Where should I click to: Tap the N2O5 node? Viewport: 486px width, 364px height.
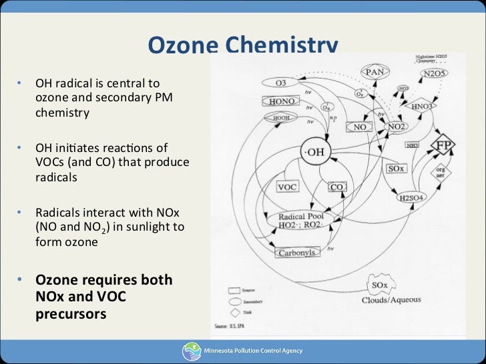click(x=435, y=73)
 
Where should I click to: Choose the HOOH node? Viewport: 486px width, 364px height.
click(x=280, y=117)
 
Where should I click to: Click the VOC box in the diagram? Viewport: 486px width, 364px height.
click(x=287, y=187)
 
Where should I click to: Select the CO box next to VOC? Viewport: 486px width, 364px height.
click(x=337, y=187)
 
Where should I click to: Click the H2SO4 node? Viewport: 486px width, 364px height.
click(x=411, y=198)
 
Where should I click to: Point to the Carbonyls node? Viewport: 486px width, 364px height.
click(x=298, y=253)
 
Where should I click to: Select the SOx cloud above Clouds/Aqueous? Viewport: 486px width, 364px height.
click(x=379, y=286)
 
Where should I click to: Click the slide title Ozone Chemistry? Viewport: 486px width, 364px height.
click(x=243, y=45)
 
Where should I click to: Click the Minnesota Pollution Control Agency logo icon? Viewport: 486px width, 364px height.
click(x=190, y=351)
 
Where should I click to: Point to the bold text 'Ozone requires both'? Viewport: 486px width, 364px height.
click(x=103, y=279)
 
